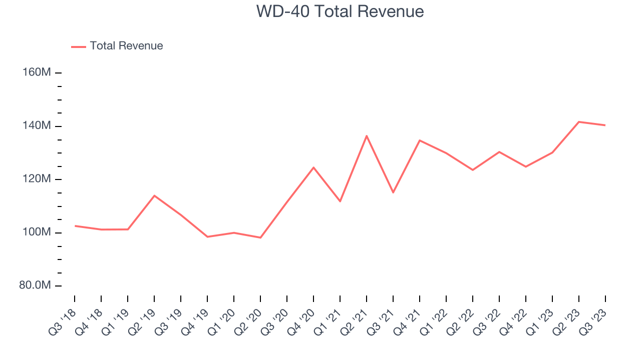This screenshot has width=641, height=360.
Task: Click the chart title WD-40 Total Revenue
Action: pyautogui.click(x=340, y=11)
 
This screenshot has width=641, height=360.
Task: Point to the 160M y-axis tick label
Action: pyautogui.click(x=37, y=72)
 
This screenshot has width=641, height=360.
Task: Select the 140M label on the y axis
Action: pyautogui.click(x=37, y=125)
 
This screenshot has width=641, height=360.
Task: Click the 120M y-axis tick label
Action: pyautogui.click(x=37, y=179)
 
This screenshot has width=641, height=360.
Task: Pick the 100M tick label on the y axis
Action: pyautogui.click(x=37, y=232)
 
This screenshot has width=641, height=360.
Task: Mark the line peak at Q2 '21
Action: pyautogui.click(x=367, y=135)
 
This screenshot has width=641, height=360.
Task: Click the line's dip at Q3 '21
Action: pyautogui.click(x=393, y=192)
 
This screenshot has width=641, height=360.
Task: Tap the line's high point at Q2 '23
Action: pyautogui.click(x=579, y=121)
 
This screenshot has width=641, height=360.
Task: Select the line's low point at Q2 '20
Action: pyautogui.click(x=260, y=237)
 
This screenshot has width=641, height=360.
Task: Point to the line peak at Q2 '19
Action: pyautogui.click(x=154, y=195)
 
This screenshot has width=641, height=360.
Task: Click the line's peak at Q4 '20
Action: pyautogui.click(x=313, y=167)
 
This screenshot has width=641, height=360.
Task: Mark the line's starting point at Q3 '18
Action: pyautogui.click(x=75, y=226)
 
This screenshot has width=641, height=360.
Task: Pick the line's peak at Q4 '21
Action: pyautogui.click(x=420, y=140)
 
